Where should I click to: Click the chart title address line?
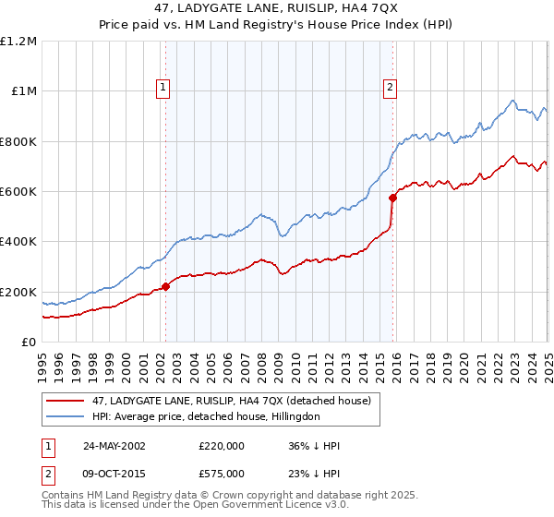pos(277,8)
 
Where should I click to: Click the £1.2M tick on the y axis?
pos(19,42)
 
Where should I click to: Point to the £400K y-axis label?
pos(18,242)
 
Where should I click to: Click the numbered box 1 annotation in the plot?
pos(163,88)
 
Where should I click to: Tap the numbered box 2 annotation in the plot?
pos(391,88)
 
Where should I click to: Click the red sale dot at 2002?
pos(166,287)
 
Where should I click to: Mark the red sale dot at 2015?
pos(392,198)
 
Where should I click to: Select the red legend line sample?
pos(64,401)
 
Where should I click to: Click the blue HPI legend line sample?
pos(64,416)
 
